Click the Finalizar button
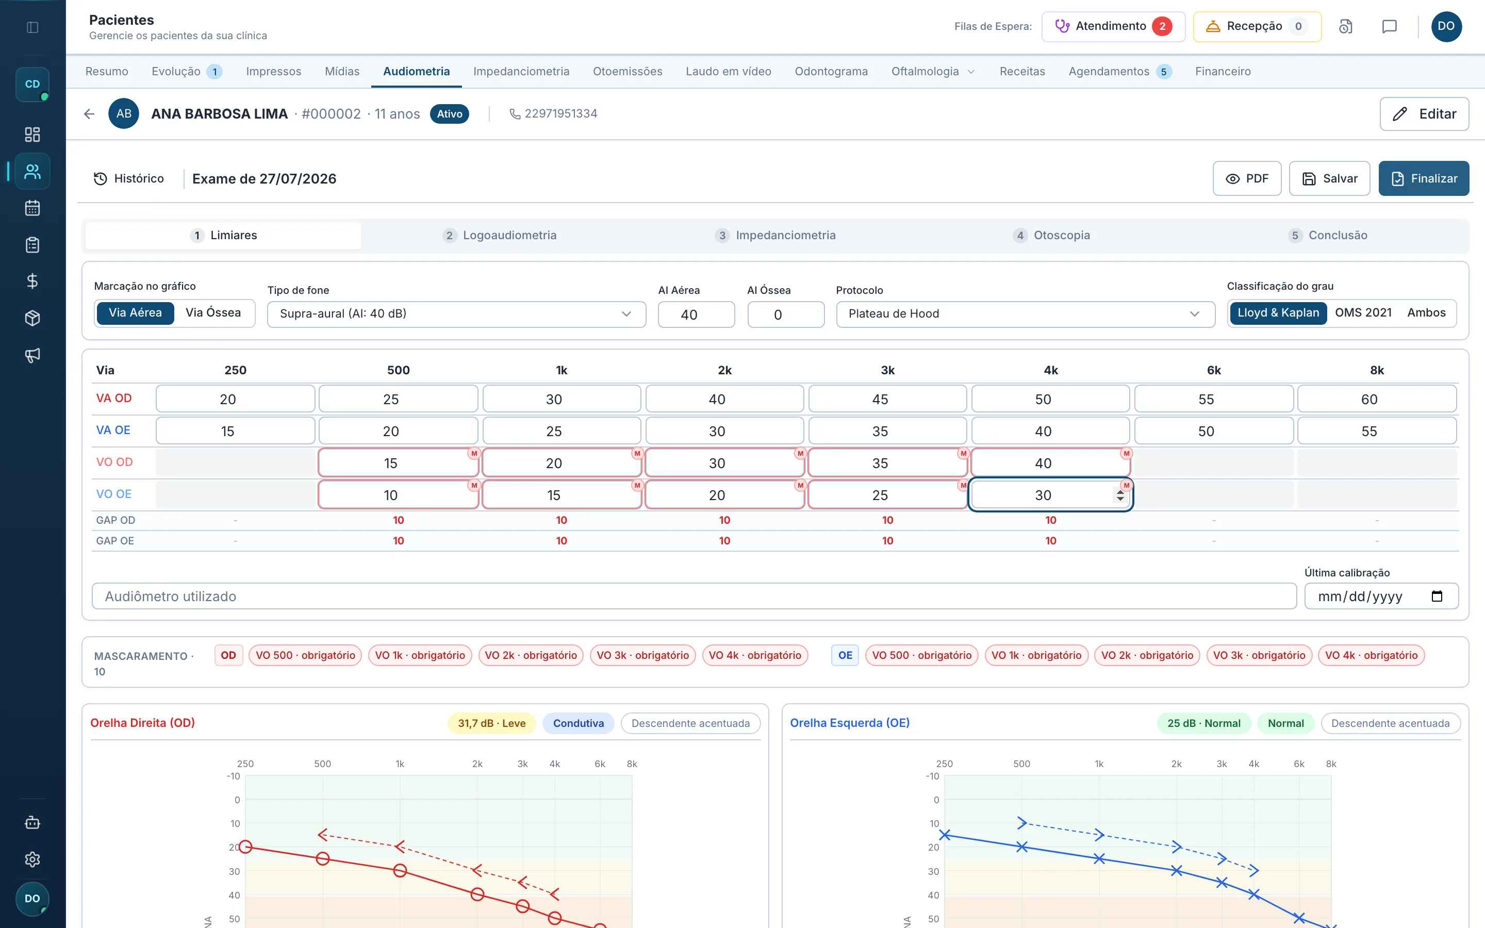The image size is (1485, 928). pos(1423,178)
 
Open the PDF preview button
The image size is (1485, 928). pos(1246,178)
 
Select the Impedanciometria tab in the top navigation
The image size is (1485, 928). pos(521,71)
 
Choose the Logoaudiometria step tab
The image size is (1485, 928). pos(500,235)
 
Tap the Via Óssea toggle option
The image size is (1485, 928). pos(213,313)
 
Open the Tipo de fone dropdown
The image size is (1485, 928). pos(456,313)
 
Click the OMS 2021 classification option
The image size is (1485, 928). pos(1363,313)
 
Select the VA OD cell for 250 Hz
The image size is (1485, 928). pos(236,399)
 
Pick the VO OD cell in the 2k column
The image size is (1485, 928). pos(724,463)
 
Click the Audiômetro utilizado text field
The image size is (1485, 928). pos(694,596)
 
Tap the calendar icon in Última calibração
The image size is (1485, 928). pos(1437,596)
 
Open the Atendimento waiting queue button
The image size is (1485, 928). pos(1113,26)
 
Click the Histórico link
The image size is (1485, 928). pos(129,178)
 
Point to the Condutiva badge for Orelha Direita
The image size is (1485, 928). pos(578,723)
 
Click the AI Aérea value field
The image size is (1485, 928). pos(696,314)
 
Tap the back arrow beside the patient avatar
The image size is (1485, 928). pos(89,114)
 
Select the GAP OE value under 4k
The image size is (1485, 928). pos(1050,541)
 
